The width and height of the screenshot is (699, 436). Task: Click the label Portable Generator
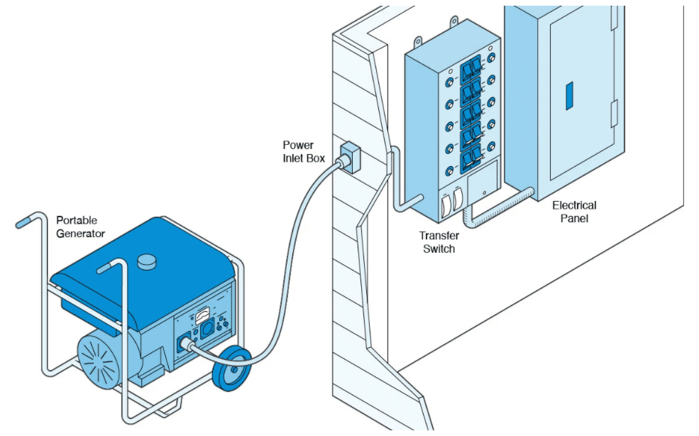pos(80,227)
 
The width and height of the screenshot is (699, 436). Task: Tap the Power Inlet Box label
pos(304,152)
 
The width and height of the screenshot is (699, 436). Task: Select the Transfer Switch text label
pos(439,242)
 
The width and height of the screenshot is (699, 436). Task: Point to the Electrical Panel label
pos(574,212)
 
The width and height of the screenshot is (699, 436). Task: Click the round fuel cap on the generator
pos(147,261)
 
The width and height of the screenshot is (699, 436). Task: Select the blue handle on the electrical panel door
pos(569,96)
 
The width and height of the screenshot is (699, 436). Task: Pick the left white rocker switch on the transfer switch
pos(446,206)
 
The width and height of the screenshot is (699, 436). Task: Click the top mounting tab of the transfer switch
pos(453,21)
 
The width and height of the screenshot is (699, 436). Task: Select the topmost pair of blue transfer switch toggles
pos(470,69)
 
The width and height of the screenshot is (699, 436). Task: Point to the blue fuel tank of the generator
pos(143,277)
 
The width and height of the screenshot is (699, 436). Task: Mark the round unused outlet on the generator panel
pos(208,329)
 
